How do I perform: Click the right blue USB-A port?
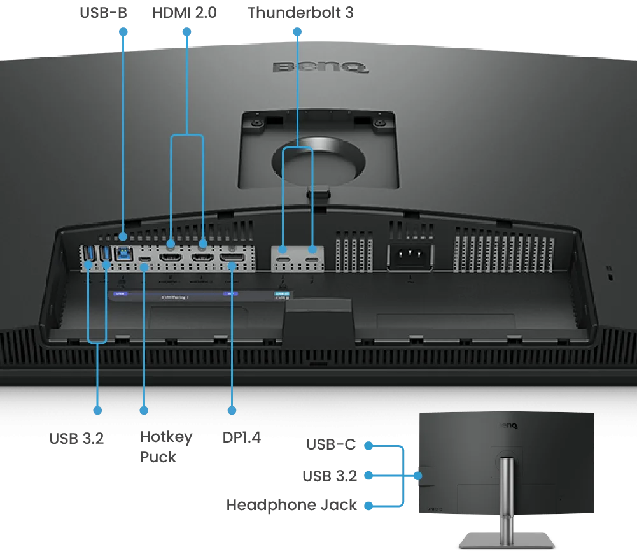104,253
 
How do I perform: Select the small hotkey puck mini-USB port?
145,260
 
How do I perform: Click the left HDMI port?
171,258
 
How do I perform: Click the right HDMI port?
202,258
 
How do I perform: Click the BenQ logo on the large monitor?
321,66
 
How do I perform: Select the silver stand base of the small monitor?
506,540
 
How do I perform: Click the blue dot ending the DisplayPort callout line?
232,410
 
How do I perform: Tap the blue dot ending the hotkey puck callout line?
144,410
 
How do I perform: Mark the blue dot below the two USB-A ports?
97,410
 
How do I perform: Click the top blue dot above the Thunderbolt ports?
297,30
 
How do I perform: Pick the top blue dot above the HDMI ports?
186,30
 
